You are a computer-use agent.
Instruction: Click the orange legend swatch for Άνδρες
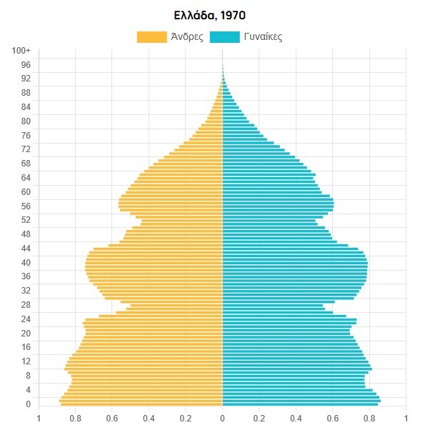coord(151,37)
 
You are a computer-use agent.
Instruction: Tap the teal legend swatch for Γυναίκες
coord(225,37)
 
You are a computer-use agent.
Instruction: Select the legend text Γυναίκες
coord(264,37)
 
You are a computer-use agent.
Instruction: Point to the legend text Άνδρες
coord(187,37)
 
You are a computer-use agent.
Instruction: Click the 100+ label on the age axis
coord(21,51)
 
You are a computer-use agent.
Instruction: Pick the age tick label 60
coord(26,191)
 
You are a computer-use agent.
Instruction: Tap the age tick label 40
coord(26,262)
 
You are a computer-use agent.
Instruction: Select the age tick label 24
coord(26,319)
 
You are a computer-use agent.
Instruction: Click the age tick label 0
coord(28,404)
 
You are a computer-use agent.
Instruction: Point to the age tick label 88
coord(26,93)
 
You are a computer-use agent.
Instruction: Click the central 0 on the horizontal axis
coord(222,419)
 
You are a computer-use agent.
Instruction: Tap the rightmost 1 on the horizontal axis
coord(406,419)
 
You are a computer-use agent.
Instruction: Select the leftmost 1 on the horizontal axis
coord(39,419)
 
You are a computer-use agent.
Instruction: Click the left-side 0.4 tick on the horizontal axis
coord(149,419)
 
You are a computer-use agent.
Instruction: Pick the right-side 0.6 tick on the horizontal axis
coord(332,419)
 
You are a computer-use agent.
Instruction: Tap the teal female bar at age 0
coord(300,404)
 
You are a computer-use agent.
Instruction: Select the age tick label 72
coord(26,149)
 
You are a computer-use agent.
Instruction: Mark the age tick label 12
coord(26,361)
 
